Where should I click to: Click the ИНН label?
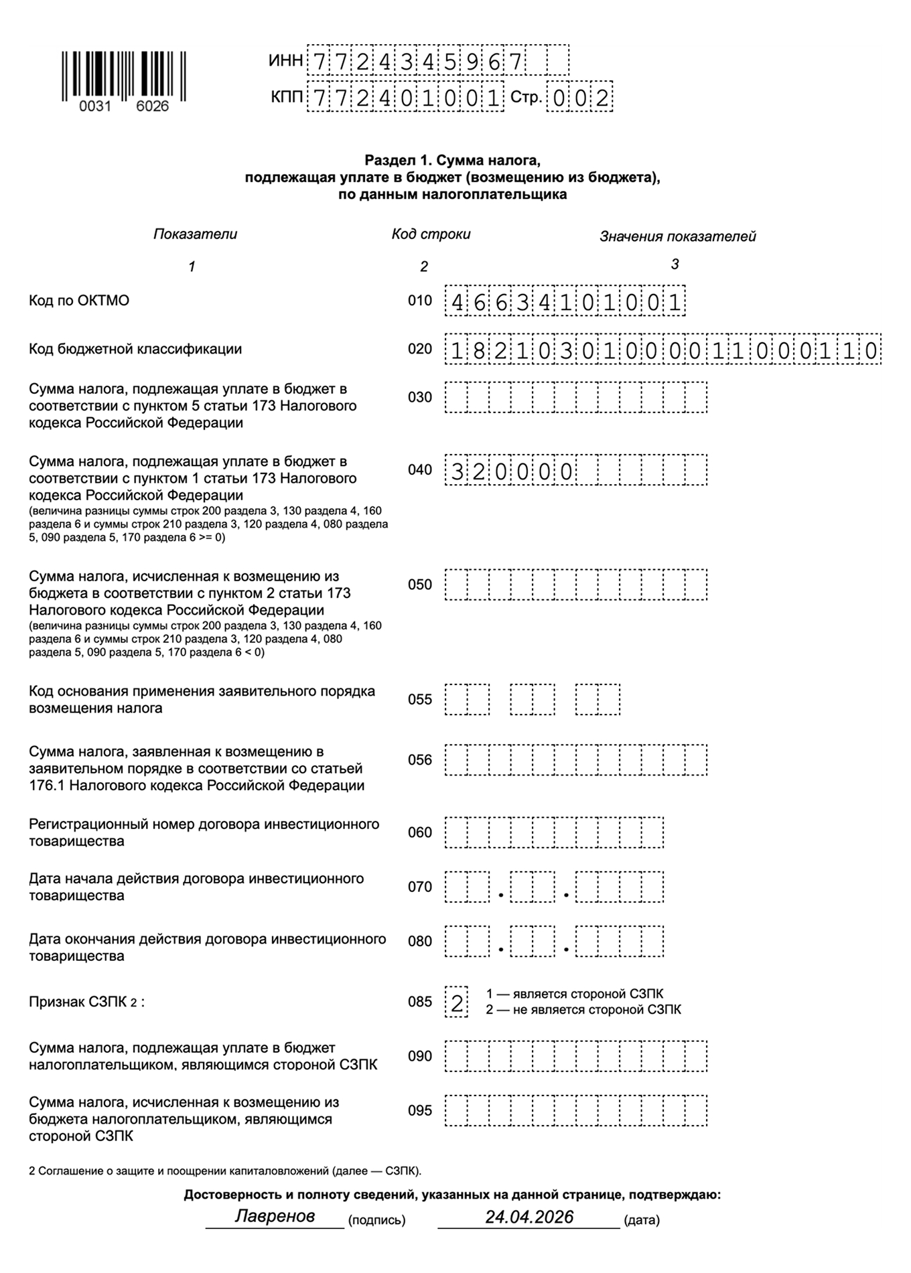point(285,61)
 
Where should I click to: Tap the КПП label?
point(287,98)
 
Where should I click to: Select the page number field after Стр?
point(579,98)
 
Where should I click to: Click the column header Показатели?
point(195,234)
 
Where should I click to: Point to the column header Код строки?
point(431,234)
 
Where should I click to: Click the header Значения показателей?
point(677,236)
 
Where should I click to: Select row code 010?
point(420,301)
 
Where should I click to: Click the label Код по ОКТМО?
point(79,301)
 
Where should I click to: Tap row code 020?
point(420,349)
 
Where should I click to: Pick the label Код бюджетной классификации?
point(135,349)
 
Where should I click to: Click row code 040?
point(420,470)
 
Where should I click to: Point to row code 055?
point(420,700)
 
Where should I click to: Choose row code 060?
point(420,832)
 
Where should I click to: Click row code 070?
point(420,887)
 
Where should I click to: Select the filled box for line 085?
point(457,1002)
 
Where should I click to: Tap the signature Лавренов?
point(275,1216)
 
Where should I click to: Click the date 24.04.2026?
point(529,1217)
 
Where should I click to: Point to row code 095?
point(420,1110)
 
